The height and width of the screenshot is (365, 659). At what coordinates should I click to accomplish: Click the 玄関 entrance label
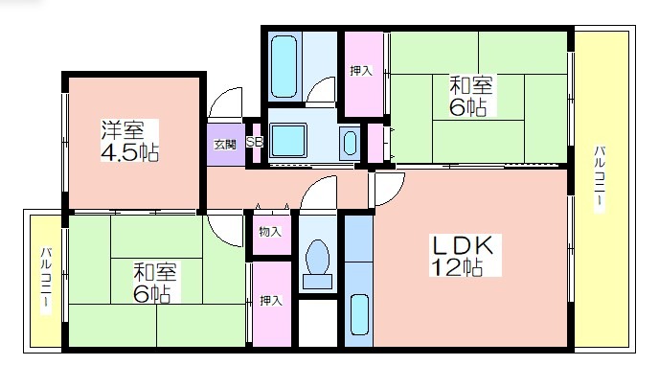click(x=224, y=145)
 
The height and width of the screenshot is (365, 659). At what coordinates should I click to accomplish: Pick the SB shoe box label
click(x=255, y=143)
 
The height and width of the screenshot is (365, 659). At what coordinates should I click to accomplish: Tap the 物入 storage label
click(x=270, y=231)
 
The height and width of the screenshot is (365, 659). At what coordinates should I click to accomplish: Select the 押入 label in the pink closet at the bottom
click(x=271, y=301)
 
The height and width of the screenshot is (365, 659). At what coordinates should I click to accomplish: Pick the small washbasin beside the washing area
click(x=349, y=144)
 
